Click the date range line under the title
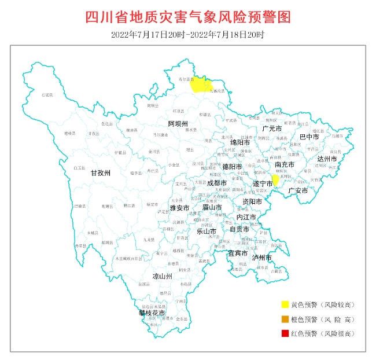pos(188,35)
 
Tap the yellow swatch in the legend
pos(285,304)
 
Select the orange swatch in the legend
pos(285,319)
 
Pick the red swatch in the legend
pos(285,333)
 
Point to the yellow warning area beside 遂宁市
pos(276,180)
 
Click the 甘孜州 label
pos(100,172)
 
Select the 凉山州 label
pos(162,277)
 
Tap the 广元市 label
pos(271,128)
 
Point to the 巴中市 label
pos(309,137)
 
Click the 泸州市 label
pos(261,257)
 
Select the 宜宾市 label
pos(237,253)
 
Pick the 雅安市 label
pos(179,207)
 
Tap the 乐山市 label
pos(207,230)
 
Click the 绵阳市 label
pos(240,142)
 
